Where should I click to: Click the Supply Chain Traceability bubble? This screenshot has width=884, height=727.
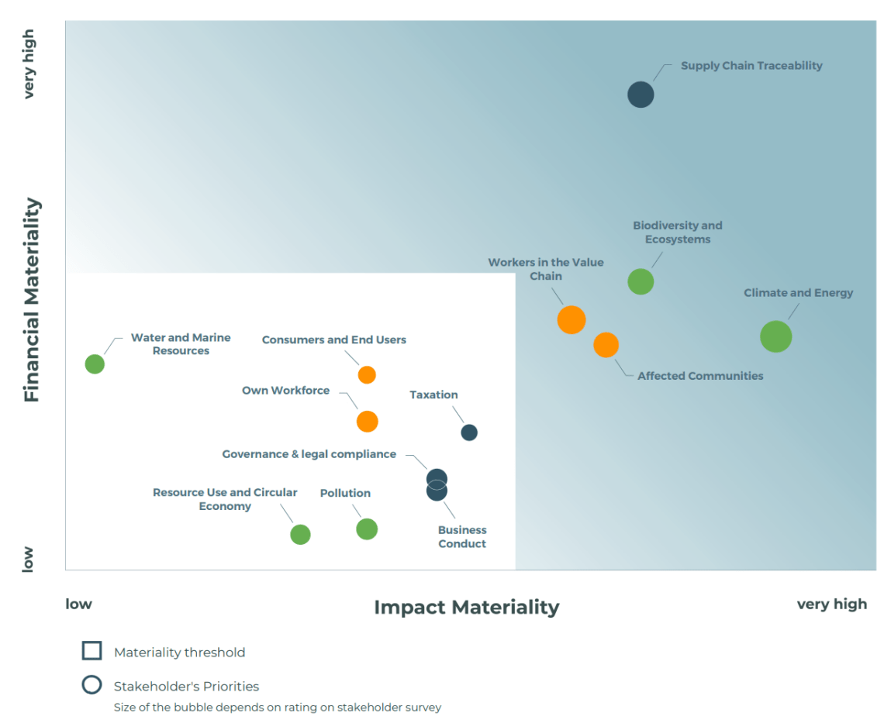pos(641,95)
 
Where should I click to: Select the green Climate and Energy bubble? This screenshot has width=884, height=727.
pos(775,336)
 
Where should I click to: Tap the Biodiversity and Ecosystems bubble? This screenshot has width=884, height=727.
pos(641,281)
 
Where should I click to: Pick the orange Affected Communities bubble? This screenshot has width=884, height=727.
pos(606,345)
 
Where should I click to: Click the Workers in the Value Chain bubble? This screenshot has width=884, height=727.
pos(571,319)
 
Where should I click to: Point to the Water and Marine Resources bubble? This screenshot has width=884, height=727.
pos(95,363)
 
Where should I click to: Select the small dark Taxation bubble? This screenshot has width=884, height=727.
pos(469,432)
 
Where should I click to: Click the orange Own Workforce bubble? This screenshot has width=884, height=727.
pos(367,422)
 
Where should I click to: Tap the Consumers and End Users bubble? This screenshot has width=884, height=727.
pos(367,375)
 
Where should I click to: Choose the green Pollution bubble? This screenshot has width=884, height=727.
pos(367,529)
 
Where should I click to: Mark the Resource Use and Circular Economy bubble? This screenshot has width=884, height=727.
pos(300,534)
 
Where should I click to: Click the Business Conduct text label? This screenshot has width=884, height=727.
pos(462,537)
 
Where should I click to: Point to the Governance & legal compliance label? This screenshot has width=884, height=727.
pos(309,454)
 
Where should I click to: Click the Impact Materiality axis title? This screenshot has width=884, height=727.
pos(466,607)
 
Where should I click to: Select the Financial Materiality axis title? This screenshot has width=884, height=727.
pos(32,300)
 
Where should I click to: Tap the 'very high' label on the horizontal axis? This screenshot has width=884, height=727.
pos(831,604)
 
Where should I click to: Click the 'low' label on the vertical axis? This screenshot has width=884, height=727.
pos(28,559)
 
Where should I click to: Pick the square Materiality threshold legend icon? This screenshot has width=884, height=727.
pos(92,651)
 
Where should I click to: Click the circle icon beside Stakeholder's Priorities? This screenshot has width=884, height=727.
pos(92,685)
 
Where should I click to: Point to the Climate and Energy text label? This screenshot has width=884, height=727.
pos(798,293)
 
